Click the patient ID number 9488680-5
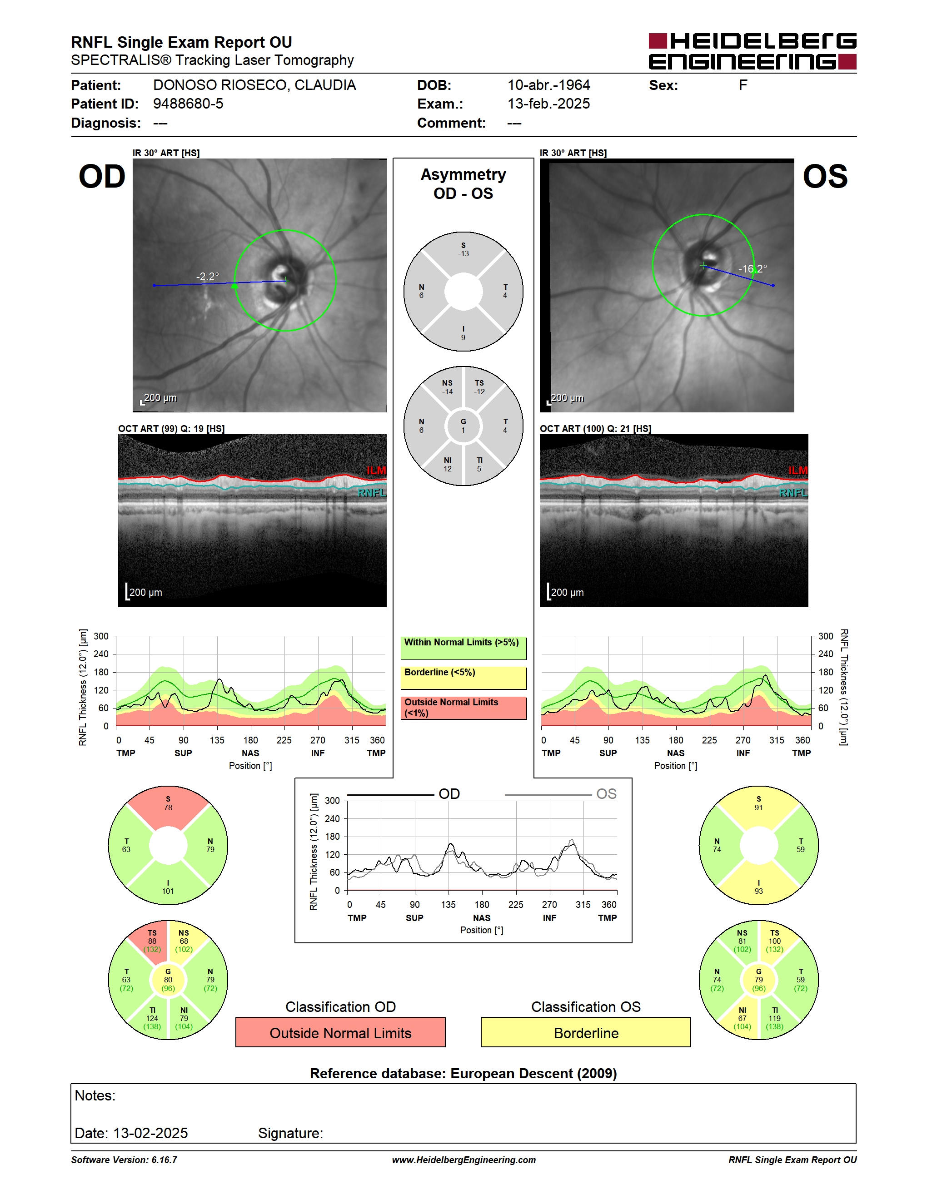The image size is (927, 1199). click(x=188, y=104)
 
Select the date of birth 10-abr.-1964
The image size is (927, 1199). click(x=548, y=85)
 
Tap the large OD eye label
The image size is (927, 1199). click(x=102, y=177)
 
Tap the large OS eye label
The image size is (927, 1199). click(x=825, y=177)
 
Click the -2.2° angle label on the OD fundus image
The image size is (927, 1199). click(x=208, y=276)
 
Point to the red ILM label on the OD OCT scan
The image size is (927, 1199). click(x=376, y=471)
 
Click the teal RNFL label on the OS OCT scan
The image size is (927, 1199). click(x=793, y=493)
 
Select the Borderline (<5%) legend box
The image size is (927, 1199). click(x=463, y=678)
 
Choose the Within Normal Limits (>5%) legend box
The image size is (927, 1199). click(x=463, y=648)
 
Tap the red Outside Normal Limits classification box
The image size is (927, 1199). click(x=340, y=1032)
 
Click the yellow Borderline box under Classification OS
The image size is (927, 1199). click(x=586, y=1032)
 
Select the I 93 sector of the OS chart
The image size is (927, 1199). click(x=758, y=884)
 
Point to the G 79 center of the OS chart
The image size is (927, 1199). click(x=758, y=979)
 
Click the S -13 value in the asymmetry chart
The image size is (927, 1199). click(x=463, y=250)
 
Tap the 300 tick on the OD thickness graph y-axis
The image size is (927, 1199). click(x=101, y=636)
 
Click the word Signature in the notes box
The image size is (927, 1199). click(x=290, y=1133)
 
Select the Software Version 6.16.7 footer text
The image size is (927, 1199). click(x=124, y=1160)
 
